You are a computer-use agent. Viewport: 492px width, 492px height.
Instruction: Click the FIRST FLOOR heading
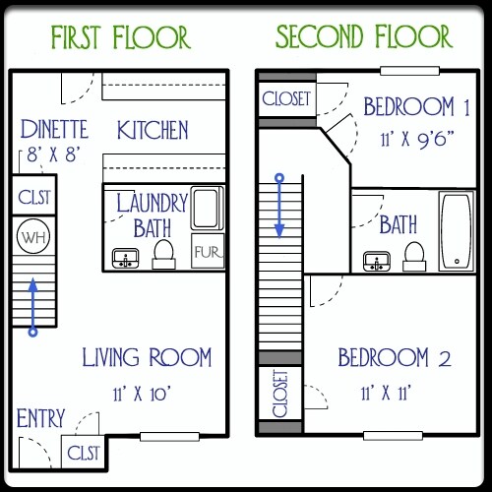(x=119, y=37)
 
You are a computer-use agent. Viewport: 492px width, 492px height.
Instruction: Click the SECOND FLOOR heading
(x=364, y=37)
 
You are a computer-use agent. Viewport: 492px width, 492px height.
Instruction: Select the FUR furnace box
(x=206, y=252)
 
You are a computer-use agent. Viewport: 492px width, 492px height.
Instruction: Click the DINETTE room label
(x=53, y=129)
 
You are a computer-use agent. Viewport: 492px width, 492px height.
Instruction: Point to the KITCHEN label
(x=153, y=130)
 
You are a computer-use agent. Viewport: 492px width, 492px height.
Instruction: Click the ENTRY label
(x=41, y=418)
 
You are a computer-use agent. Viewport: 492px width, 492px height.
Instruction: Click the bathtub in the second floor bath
(x=456, y=230)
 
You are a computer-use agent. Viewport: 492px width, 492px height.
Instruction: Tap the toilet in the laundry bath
(x=164, y=255)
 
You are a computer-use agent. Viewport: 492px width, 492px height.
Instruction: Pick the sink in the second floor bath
(x=376, y=262)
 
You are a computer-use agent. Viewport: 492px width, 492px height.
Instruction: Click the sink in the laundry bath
(x=125, y=259)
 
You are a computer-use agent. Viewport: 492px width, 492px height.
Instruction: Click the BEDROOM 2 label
(x=397, y=356)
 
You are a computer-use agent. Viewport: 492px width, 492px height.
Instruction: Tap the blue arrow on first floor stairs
(x=32, y=306)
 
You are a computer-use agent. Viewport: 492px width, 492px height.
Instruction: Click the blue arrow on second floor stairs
(x=280, y=207)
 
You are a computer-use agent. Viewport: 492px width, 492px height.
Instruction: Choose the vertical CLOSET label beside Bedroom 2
(x=278, y=393)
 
